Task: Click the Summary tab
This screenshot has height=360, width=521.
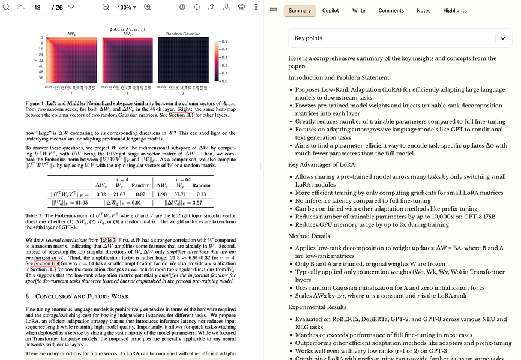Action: [300, 10]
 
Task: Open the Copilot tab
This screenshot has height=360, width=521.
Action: [330, 10]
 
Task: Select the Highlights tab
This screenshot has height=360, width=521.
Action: [454, 10]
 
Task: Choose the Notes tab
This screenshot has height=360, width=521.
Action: [423, 10]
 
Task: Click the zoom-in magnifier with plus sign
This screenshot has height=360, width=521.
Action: [148, 7]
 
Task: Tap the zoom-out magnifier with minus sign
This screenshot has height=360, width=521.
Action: [106, 7]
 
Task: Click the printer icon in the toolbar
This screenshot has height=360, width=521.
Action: [241, 7]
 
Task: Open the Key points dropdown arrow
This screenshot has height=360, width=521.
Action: [503, 38]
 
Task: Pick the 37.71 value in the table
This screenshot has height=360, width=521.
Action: [179, 194]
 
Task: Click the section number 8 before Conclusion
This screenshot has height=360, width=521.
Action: [27, 296]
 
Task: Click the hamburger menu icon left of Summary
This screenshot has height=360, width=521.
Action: [274, 10]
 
